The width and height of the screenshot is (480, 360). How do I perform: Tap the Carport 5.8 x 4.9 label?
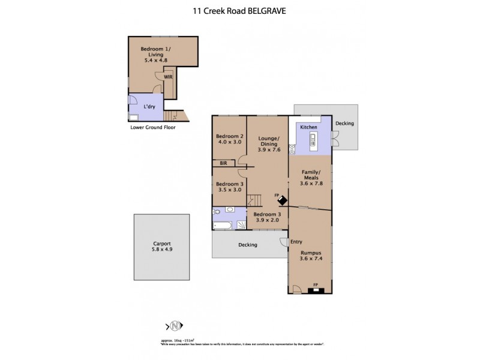point(157,248)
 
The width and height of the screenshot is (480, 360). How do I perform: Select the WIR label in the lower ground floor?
point(169,77)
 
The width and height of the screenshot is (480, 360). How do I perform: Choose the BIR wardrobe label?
point(223,163)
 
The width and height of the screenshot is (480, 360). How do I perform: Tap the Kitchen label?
point(308,128)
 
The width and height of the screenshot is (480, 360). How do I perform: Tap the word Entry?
point(296,242)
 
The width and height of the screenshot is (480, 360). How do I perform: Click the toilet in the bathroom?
point(217,212)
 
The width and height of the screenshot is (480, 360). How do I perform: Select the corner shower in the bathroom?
point(241,225)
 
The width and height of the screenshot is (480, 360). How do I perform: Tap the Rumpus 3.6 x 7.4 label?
point(310,256)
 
